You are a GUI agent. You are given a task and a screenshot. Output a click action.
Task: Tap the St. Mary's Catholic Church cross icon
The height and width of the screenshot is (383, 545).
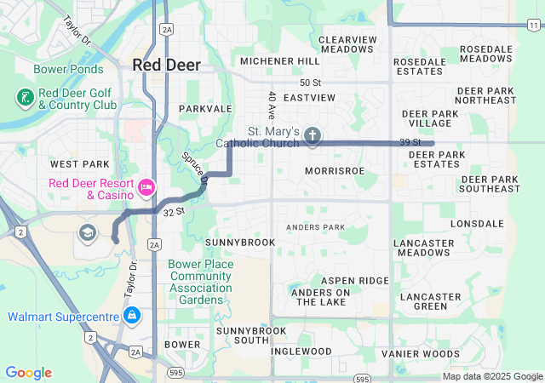(x=313, y=135)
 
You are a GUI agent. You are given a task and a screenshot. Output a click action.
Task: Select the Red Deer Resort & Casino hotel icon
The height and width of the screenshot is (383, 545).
(x=146, y=186)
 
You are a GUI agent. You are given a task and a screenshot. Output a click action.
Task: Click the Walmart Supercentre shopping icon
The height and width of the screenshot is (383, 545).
(x=132, y=317)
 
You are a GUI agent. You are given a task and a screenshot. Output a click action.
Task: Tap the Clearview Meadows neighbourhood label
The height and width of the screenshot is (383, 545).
(x=347, y=44)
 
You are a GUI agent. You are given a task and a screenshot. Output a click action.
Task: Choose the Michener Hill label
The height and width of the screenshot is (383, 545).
(x=279, y=61)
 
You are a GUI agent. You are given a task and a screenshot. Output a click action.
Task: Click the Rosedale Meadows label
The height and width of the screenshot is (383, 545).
(x=485, y=54)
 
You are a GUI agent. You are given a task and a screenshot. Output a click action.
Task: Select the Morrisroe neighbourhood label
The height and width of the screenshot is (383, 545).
(x=335, y=171)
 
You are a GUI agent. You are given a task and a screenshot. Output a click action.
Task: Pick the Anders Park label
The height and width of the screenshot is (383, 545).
(x=316, y=227)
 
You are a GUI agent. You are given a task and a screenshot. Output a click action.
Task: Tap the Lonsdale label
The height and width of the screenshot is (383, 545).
(x=478, y=223)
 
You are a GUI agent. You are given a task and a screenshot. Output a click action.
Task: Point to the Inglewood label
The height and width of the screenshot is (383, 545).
(x=301, y=352)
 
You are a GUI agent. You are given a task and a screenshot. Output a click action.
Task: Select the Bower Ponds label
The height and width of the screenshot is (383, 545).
(x=69, y=69)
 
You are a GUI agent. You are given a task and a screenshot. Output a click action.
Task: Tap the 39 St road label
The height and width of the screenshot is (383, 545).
(x=410, y=141)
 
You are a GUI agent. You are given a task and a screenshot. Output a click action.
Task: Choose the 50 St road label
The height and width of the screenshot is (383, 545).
(x=311, y=82)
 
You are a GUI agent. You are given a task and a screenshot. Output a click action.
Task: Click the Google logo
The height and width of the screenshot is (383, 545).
(x=28, y=373)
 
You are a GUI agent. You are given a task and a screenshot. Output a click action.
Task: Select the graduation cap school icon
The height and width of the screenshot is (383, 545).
(x=86, y=232)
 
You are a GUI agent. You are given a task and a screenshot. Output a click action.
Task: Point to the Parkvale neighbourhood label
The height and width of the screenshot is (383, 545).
(x=205, y=109)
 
